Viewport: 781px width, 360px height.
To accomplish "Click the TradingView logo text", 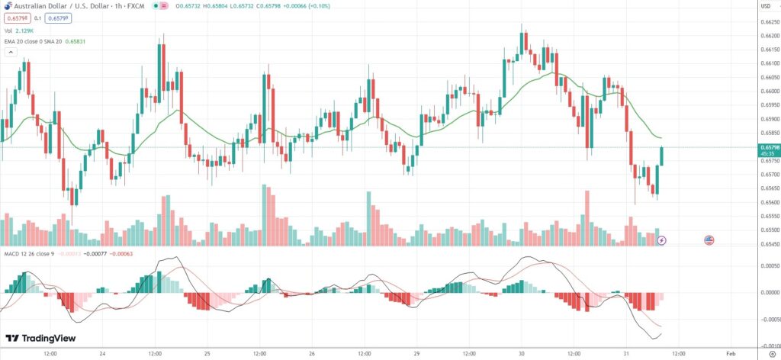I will coord(40,339).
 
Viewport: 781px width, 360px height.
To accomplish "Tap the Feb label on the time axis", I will coord(730,354).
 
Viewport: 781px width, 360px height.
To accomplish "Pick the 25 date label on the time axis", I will coord(207,354).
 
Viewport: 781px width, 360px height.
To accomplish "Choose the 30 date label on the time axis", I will coord(521,354).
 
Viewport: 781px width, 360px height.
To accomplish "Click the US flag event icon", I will coord(709,239).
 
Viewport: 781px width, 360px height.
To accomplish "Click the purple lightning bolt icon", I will coord(661,239).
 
